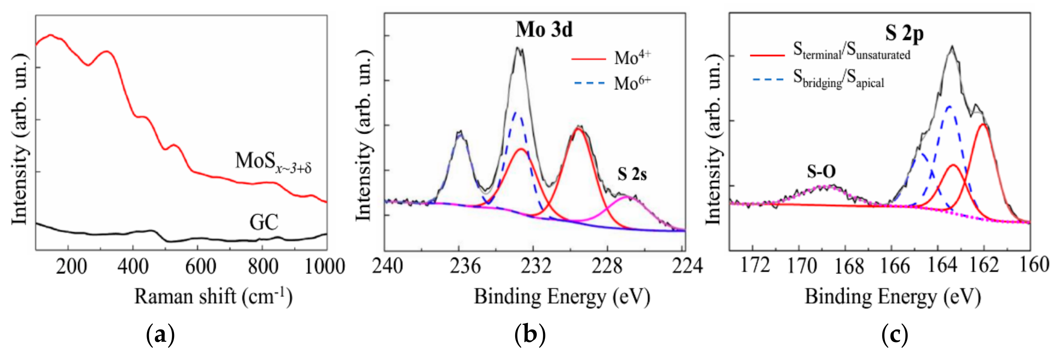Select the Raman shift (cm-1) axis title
click(x=213, y=297)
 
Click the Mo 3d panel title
click(x=544, y=30)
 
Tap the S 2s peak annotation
click(x=632, y=174)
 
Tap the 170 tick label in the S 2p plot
click(x=801, y=266)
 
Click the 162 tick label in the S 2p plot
click(x=984, y=265)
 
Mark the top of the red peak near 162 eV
click(x=983, y=124)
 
